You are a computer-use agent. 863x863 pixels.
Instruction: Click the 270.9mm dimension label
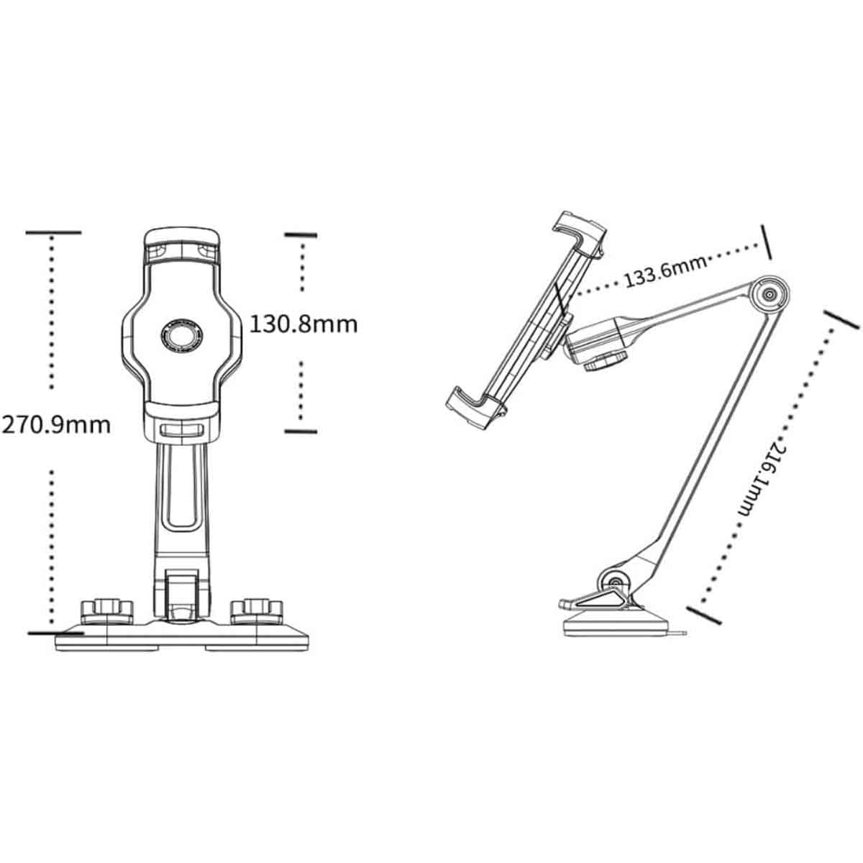(x=56, y=425)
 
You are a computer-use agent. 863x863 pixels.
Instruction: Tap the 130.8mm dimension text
(x=303, y=324)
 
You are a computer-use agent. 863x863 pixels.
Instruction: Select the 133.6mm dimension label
(x=665, y=272)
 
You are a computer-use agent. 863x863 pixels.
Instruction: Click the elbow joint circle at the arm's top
(x=769, y=295)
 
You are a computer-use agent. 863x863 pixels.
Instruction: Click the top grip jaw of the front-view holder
(x=182, y=247)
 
